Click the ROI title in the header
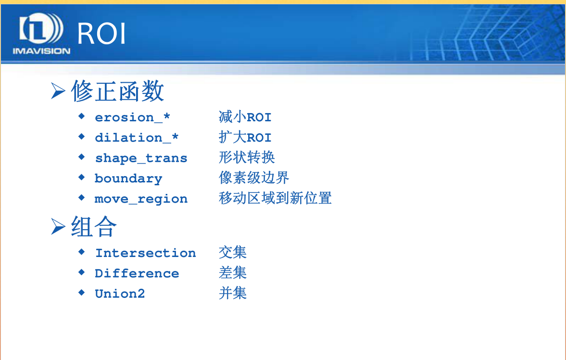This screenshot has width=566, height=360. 101,33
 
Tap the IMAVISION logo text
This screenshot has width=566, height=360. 41,51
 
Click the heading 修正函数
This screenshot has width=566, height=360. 118,91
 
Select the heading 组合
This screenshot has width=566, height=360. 94,227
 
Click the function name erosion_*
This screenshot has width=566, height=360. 132,117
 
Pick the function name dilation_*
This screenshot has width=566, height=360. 137,137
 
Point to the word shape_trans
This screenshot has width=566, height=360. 141,158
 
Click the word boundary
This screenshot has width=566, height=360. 128,179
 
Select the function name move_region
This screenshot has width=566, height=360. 141,199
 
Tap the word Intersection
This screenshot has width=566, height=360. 146,253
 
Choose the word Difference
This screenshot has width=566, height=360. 137,273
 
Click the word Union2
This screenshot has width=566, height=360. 120,294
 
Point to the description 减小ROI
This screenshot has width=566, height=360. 245,117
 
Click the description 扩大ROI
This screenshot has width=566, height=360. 245,137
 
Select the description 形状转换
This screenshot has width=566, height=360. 247,157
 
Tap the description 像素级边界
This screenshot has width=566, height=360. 254,178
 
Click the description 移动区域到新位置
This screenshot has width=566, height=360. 275,198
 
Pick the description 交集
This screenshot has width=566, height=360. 233,252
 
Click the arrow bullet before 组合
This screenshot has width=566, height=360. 58,227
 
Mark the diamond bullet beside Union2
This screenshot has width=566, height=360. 82,293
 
